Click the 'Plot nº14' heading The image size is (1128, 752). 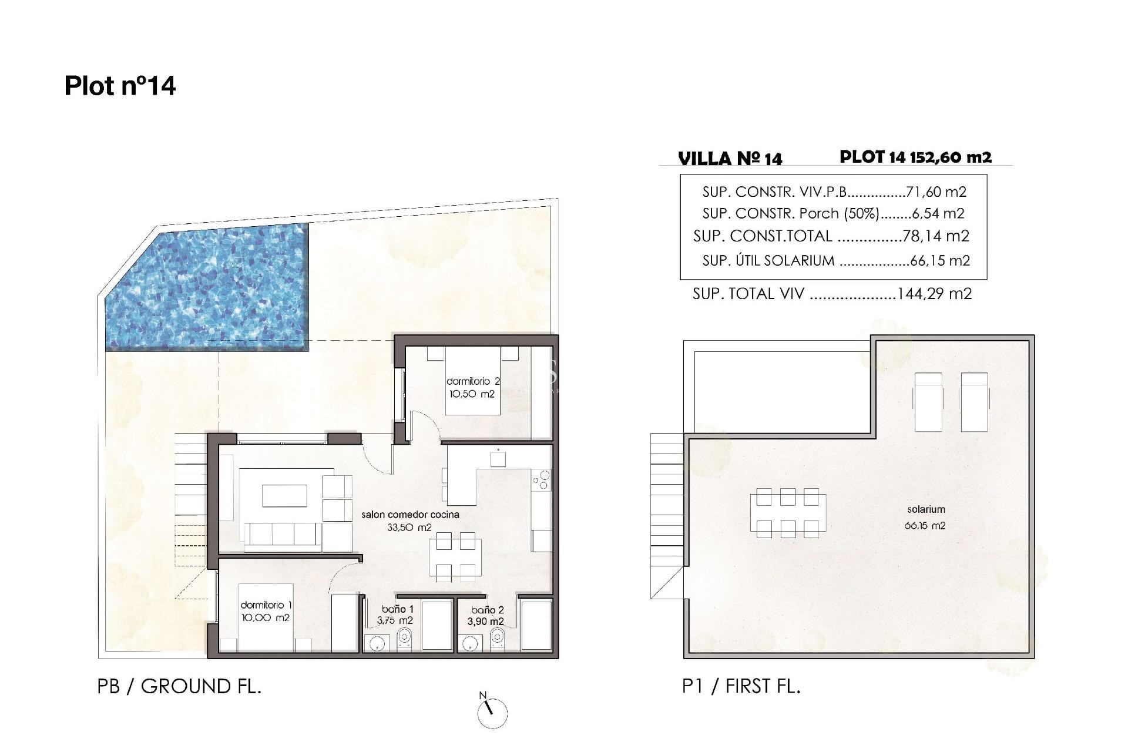(120, 86)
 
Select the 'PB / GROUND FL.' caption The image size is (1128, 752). (179, 686)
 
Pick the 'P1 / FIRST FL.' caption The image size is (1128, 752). (741, 686)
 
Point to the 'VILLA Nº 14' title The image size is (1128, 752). (730, 159)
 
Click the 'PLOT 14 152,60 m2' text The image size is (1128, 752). (915, 157)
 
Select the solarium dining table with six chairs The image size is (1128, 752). (787, 513)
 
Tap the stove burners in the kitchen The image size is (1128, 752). (541, 480)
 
